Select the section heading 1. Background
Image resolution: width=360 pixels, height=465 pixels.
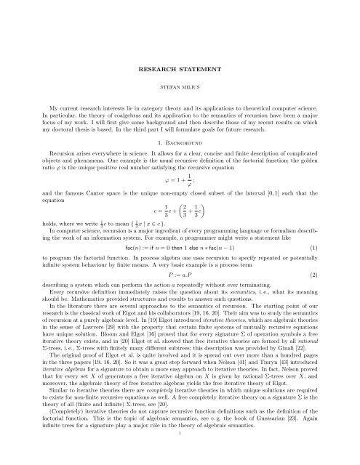tap(180, 143)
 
